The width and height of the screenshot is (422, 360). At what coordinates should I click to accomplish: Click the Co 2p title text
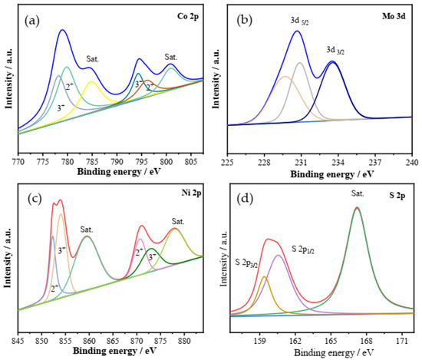183,14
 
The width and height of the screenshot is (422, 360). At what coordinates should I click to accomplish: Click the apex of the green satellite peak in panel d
357,208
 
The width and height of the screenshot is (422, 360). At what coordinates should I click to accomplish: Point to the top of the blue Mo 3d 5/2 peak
297,31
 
